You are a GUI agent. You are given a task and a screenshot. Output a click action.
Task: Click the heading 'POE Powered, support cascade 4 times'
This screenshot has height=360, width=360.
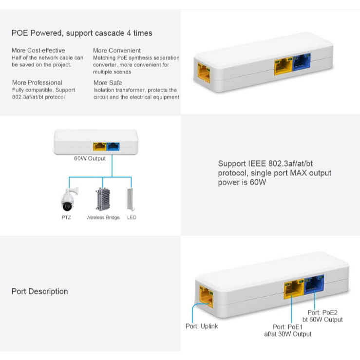click(82, 33)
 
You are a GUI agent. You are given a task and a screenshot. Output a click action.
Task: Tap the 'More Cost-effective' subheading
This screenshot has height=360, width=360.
click(38, 50)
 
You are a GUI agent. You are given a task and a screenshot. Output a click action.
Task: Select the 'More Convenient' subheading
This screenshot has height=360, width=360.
click(117, 50)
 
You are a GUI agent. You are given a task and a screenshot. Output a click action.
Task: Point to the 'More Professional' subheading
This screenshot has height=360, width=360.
click(37, 83)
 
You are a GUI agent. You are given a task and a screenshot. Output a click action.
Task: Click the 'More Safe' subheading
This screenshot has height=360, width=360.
click(108, 83)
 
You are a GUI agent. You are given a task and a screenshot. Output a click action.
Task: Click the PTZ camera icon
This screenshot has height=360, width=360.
click(66, 198)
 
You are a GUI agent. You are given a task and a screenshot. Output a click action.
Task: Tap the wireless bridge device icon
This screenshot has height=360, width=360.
click(103, 198)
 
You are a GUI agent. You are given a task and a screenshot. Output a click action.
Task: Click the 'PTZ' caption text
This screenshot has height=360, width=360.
click(66, 217)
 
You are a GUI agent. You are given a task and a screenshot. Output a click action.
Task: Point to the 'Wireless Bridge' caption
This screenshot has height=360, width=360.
click(103, 217)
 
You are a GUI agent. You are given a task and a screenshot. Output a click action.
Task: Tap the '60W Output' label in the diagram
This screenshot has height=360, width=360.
click(90, 158)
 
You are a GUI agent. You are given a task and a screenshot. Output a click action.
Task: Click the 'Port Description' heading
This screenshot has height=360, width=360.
click(39, 291)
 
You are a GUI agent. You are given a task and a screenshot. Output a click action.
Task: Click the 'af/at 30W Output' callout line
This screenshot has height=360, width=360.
click(288, 334)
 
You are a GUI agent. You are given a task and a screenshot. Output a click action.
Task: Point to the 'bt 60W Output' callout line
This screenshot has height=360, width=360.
click(322, 320)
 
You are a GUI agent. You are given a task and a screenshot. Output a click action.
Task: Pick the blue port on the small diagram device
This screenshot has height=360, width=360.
click(113, 146)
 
